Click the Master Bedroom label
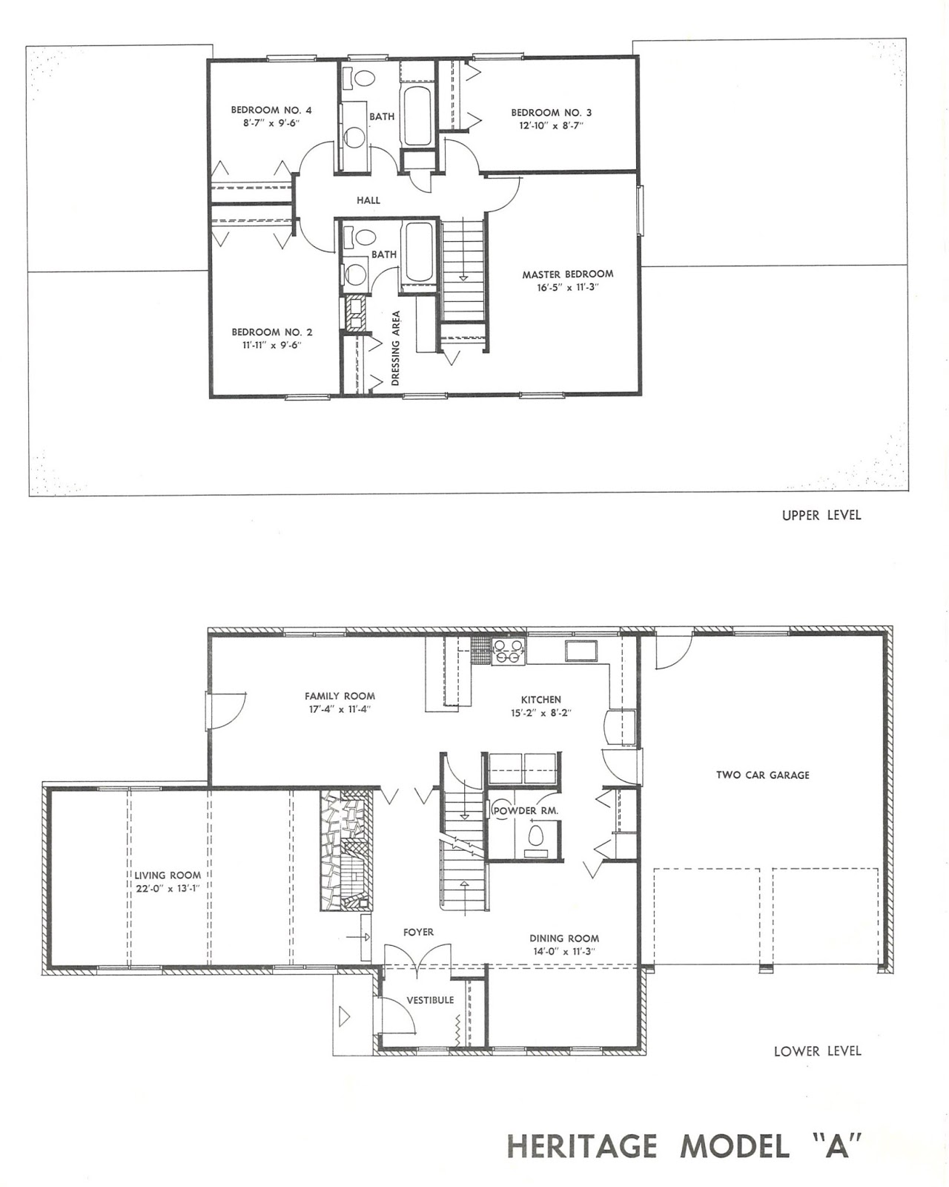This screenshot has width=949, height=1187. pyautogui.click(x=567, y=274)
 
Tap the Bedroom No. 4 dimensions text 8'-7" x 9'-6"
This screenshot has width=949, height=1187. pyautogui.click(x=271, y=123)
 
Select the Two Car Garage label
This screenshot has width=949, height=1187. pyautogui.click(x=762, y=775)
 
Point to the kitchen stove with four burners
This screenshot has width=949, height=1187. pyautogui.click(x=509, y=651)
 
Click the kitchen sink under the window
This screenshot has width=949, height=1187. pyautogui.click(x=583, y=651)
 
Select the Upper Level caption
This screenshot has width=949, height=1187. pyautogui.click(x=821, y=515)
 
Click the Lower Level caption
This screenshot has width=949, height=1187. pyautogui.click(x=817, y=1050)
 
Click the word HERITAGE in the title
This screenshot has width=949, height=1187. pyautogui.click(x=582, y=1147)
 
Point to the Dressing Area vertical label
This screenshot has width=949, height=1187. pyautogui.click(x=396, y=348)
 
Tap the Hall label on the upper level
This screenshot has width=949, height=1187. pyautogui.click(x=368, y=200)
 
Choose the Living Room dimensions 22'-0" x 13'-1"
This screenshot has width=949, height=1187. pyautogui.click(x=168, y=888)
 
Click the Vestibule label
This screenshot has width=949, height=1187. pyautogui.click(x=430, y=1000)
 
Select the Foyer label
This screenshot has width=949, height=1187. pyautogui.click(x=418, y=932)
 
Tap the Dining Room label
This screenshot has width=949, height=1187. pyautogui.click(x=564, y=938)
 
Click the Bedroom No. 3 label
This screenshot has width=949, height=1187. pyautogui.click(x=551, y=113)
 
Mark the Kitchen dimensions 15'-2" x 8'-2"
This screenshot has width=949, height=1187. pyautogui.click(x=540, y=712)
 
